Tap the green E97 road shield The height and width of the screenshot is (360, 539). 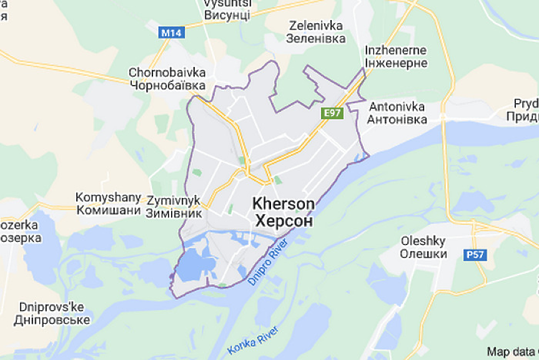coord(332,113)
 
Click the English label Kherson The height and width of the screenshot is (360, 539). coord(284,204)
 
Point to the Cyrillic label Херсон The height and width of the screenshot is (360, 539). coord(284,221)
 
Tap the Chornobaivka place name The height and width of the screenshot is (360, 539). coord(167,72)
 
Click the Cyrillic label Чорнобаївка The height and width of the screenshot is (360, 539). coord(167,85)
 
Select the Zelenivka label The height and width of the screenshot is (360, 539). coord(316,26)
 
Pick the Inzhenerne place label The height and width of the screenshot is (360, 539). coord(396,50)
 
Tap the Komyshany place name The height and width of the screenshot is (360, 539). coord(108,197)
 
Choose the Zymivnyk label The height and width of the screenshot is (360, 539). coord(174,200)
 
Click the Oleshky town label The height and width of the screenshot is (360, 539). coord(423,241)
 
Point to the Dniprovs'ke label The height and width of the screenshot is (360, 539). coord(52,307)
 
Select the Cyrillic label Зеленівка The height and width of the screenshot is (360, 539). coord(316,39)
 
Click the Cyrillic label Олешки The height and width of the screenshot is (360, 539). coord(423,254)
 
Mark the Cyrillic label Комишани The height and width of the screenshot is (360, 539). coord(108,211)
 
